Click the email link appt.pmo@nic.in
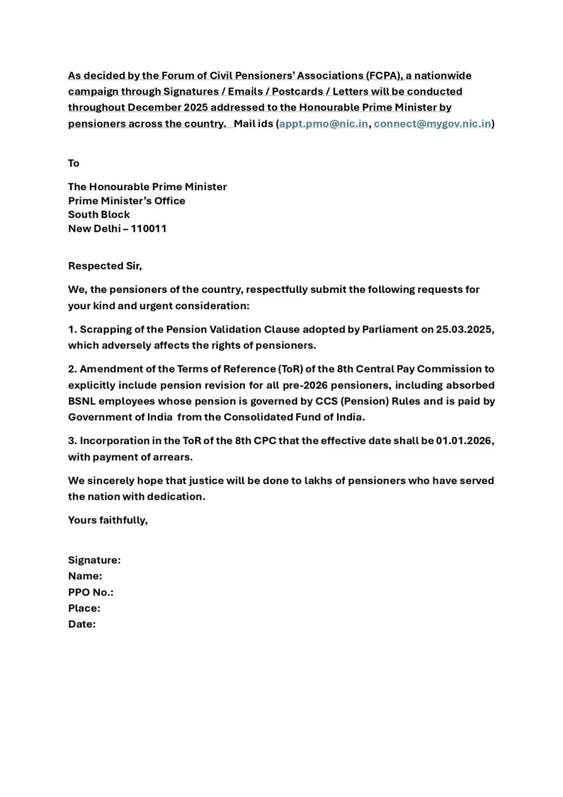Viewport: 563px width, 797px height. [x=324, y=124]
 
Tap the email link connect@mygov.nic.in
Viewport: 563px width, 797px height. [x=432, y=124]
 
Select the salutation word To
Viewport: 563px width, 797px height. [x=74, y=163]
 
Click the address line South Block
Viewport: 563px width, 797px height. [x=99, y=215]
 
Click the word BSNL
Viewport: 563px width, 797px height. [x=84, y=401]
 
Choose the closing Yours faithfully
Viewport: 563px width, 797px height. [x=108, y=520]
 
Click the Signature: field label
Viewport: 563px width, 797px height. [x=94, y=560]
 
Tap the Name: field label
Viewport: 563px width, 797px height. [x=85, y=577]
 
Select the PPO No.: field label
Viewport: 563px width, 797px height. [x=91, y=592]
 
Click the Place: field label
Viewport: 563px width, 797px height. [x=84, y=608]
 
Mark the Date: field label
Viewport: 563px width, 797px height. [x=82, y=624]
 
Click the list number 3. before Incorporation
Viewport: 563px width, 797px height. [x=72, y=441]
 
